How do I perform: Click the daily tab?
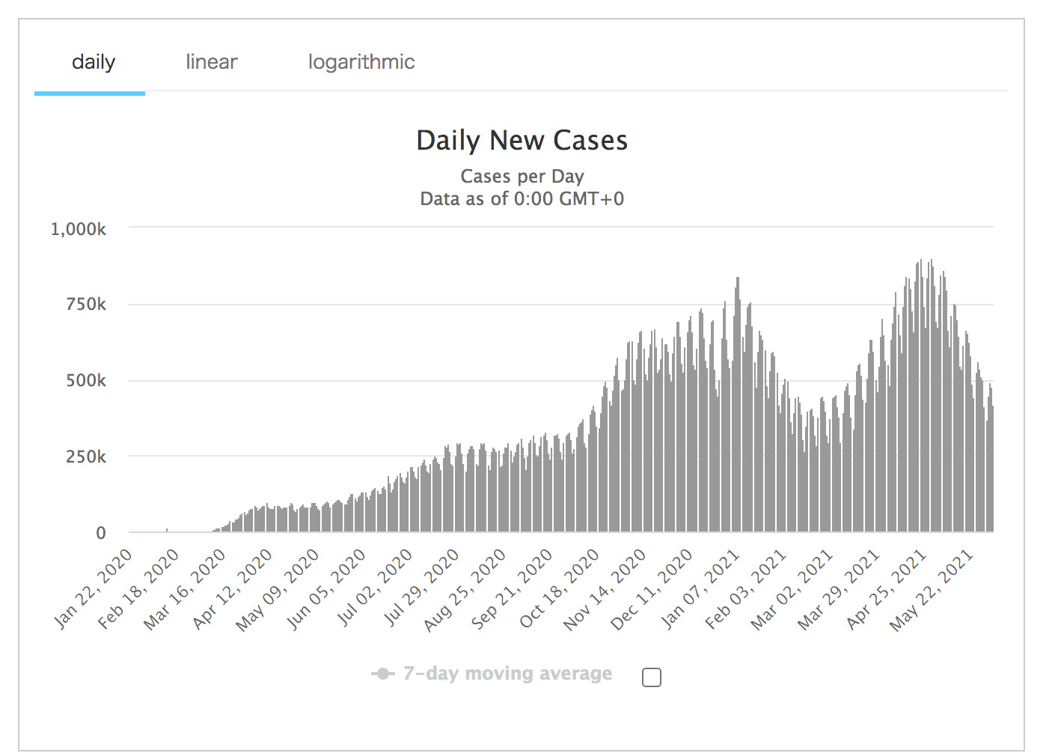point(93,62)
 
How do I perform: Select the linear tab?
point(212,62)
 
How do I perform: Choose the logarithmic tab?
point(361,62)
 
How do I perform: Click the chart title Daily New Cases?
point(522,141)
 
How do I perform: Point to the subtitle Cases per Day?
point(522,177)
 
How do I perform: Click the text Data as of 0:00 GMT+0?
point(522,199)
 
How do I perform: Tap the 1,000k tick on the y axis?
point(79,229)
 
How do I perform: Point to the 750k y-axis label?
point(86,305)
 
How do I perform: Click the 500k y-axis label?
point(86,381)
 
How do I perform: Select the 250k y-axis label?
point(86,457)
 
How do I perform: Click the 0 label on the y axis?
point(101,533)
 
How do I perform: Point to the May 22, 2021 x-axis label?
point(932,590)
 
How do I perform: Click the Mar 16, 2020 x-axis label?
point(186,589)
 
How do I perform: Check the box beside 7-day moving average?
point(652,677)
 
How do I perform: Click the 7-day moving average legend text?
point(507,674)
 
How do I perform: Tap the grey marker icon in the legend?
point(382,674)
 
